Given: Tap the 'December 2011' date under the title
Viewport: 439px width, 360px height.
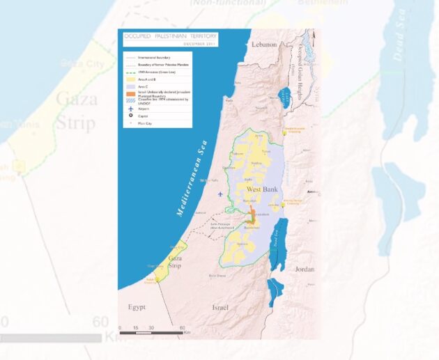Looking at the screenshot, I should click(200, 44).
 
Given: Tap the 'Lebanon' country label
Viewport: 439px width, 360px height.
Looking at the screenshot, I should click(265, 45).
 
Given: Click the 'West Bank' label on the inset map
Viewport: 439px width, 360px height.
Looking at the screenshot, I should click(263, 189).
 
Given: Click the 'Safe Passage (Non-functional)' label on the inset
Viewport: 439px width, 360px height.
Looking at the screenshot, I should click(222, 226).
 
